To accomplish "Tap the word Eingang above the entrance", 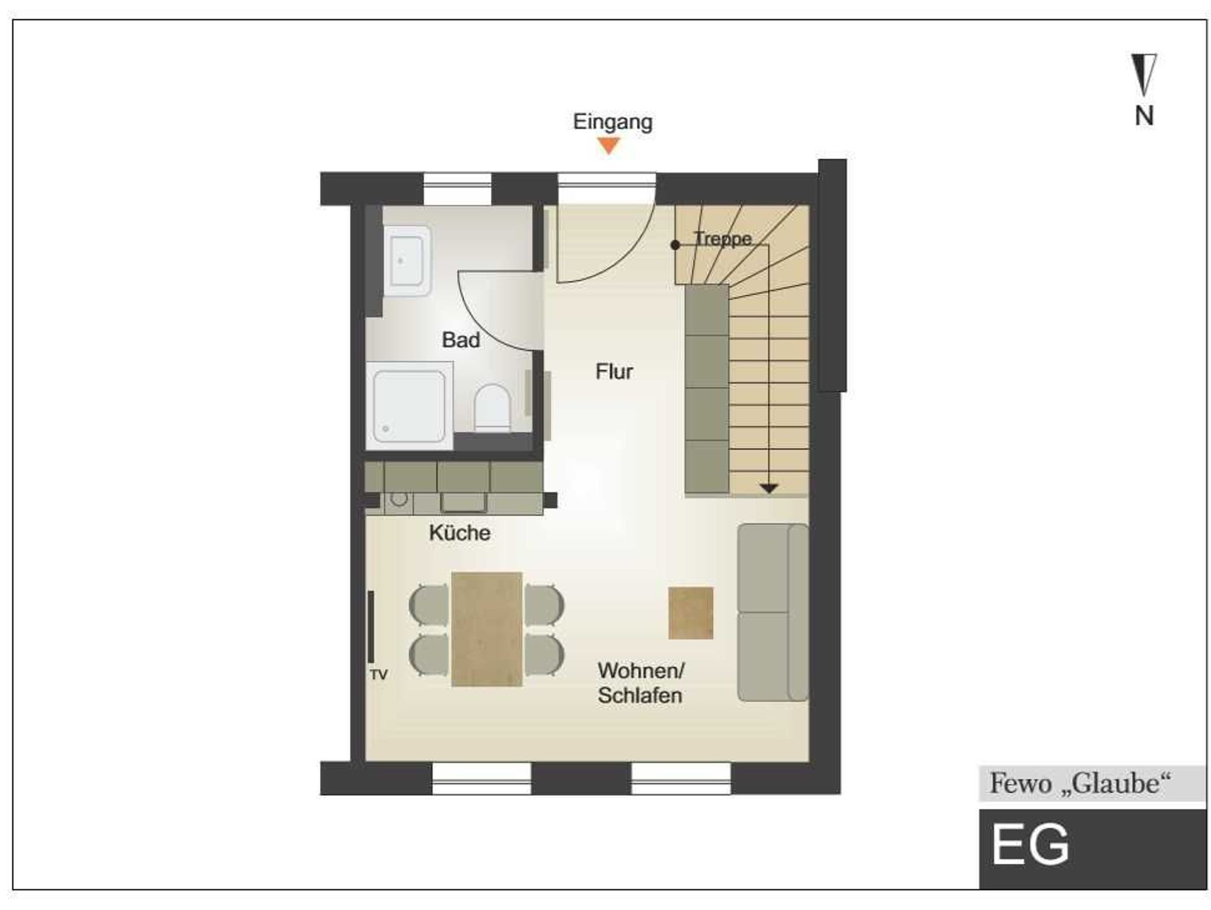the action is (x=613, y=122).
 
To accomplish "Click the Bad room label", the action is (x=461, y=340).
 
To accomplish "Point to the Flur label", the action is (x=614, y=372).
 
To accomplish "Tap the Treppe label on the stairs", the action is (x=723, y=238).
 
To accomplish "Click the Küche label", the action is (x=459, y=533).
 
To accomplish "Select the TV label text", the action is (x=378, y=675).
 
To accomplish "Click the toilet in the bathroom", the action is (x=493, y=408).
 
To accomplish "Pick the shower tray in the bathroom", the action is (x=409, y=406).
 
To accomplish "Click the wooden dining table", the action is (x=487, y=629).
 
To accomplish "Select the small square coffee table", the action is (x=691, y=613).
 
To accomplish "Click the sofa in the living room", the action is (x=773, y=612).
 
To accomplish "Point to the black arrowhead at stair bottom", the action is (x=769, y=489).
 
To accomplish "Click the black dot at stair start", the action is (x=675, y=245).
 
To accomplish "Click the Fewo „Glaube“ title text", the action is (x=1080, y=783).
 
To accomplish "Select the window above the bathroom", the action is (x=458, y=189).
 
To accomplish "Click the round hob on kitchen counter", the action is (x=399, y=499).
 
